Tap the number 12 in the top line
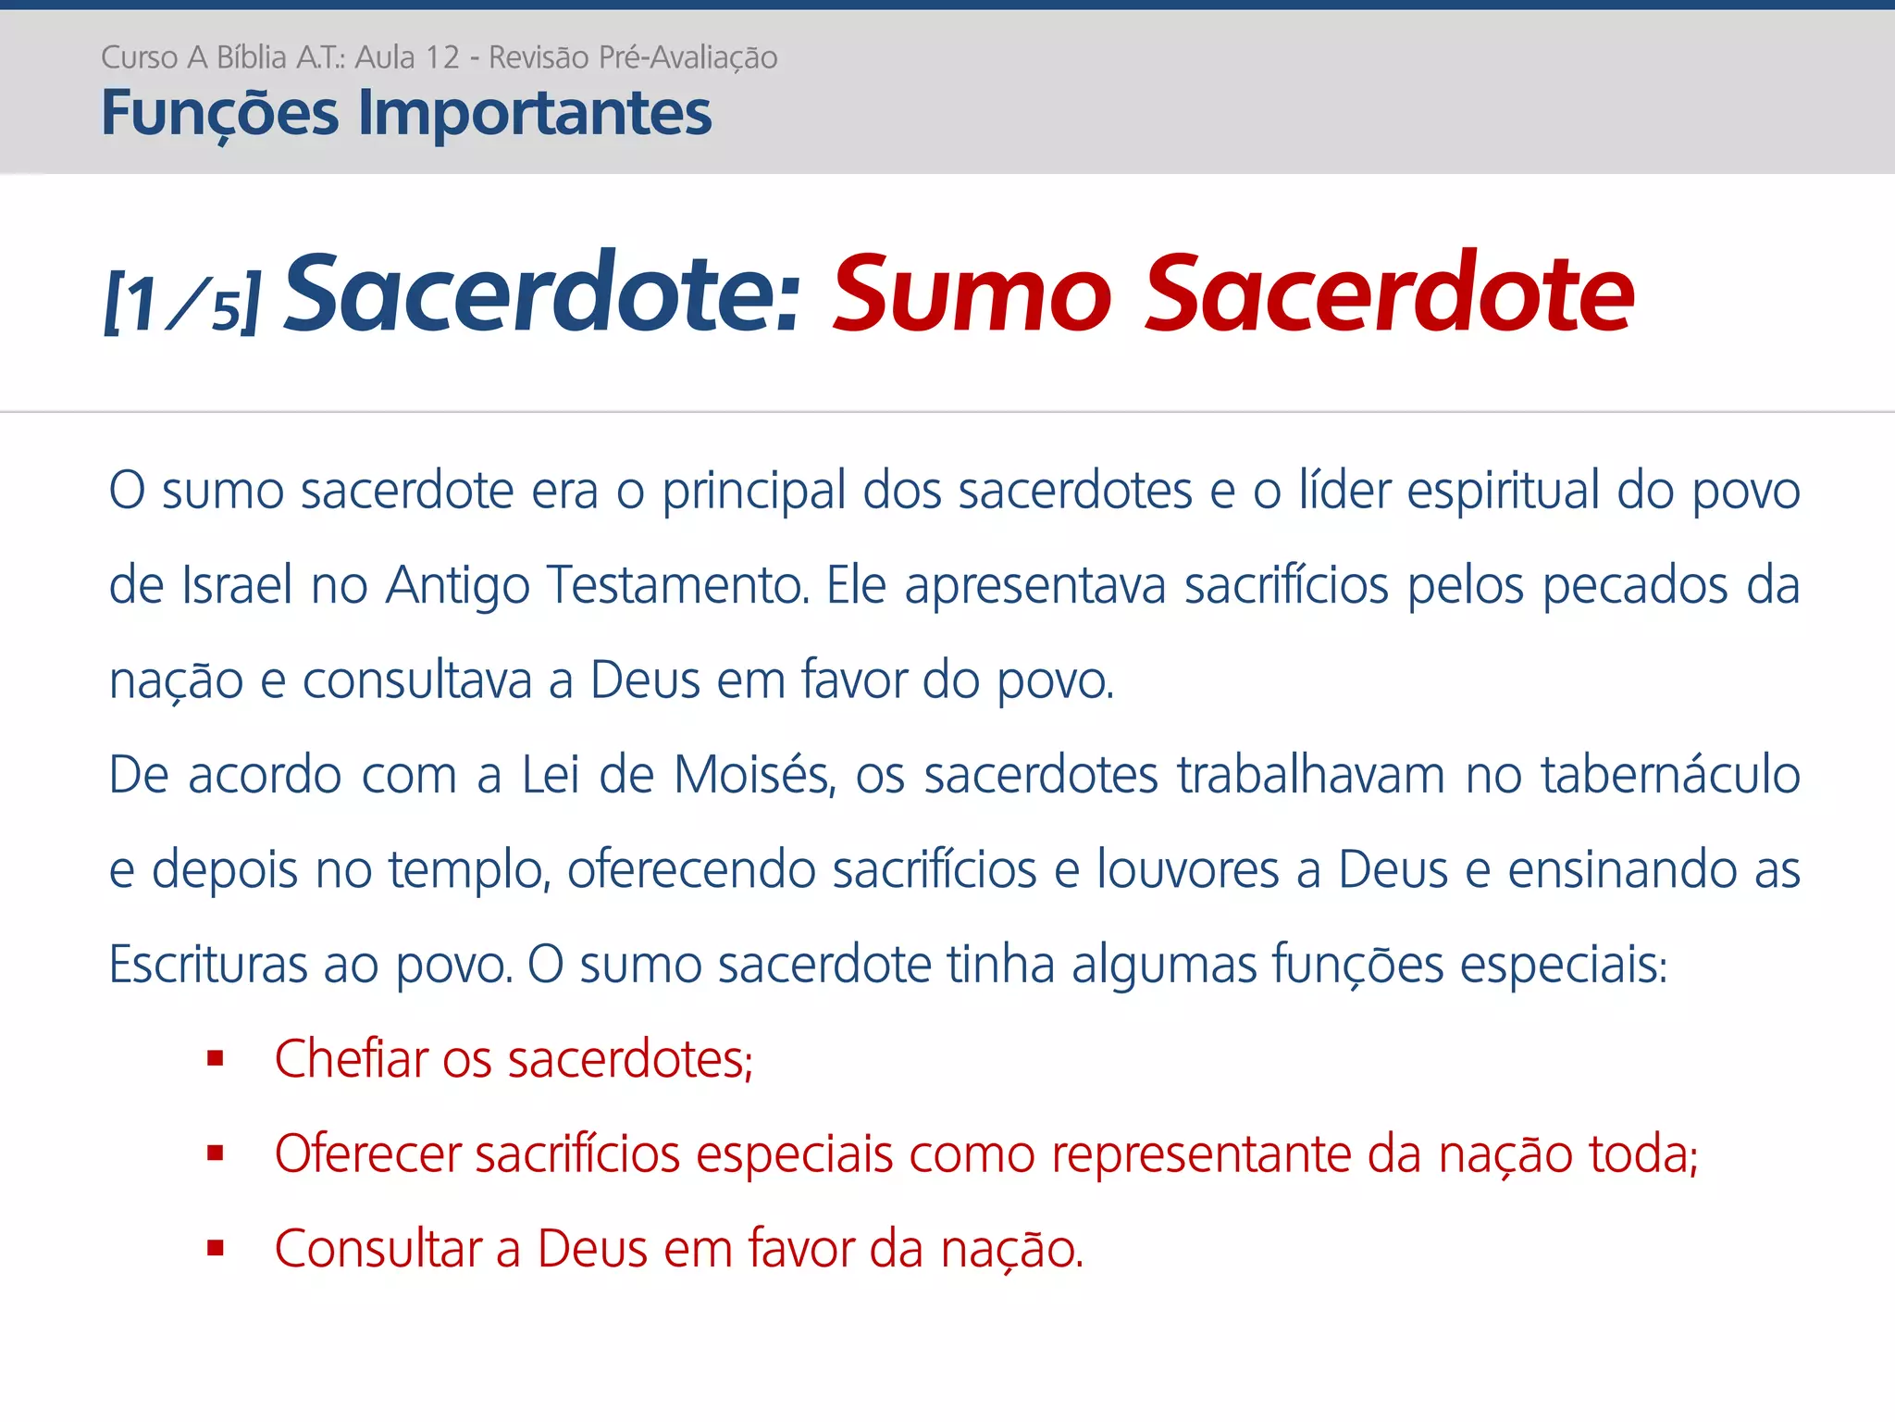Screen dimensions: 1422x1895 pyautogui.click(x=440, y=58)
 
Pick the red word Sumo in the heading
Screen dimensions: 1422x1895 pyautogui.click(x=972, y=294)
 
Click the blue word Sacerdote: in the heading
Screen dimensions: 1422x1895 pyautogui.click(x=542, y=294)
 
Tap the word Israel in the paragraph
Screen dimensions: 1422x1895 pyautogui.click(x=237, y=585)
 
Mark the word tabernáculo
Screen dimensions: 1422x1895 pyautogui.click(x=1670, y=775)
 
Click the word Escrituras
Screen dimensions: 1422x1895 pyautogui.click(x=208, y=965)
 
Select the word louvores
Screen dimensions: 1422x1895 pyautogui.click(x=1187, y=870)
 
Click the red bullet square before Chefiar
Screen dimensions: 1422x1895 pyautogui.click(x=216, y=1058)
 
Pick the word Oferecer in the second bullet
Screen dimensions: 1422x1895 pyautogui.click(x=367, y=1154)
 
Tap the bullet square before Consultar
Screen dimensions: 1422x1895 pyautogui.click(x=216, y=1248)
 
